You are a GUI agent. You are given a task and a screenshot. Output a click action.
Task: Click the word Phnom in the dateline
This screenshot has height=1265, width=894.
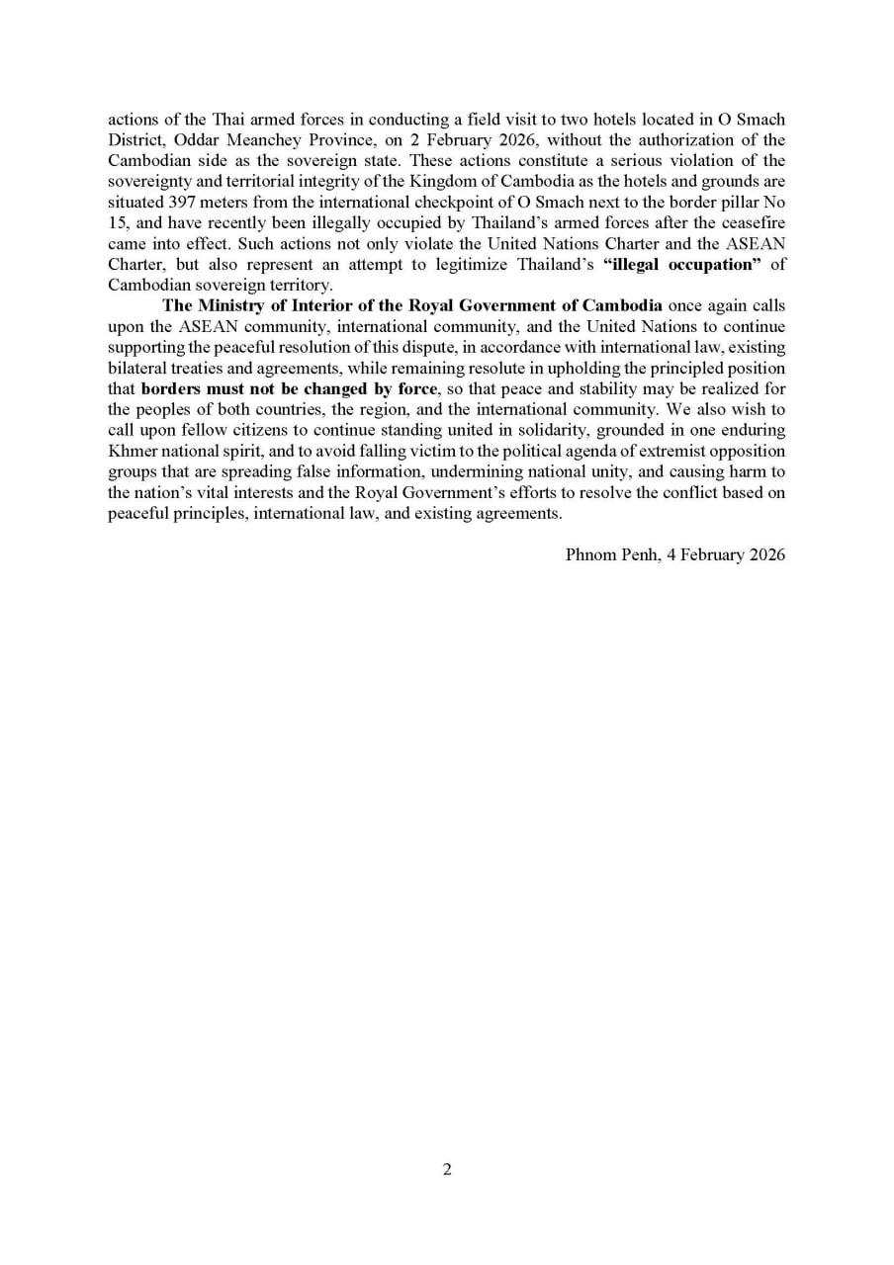tap(590, 554)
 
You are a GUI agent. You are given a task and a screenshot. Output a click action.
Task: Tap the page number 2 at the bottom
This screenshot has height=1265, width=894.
tap(447, 1170)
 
